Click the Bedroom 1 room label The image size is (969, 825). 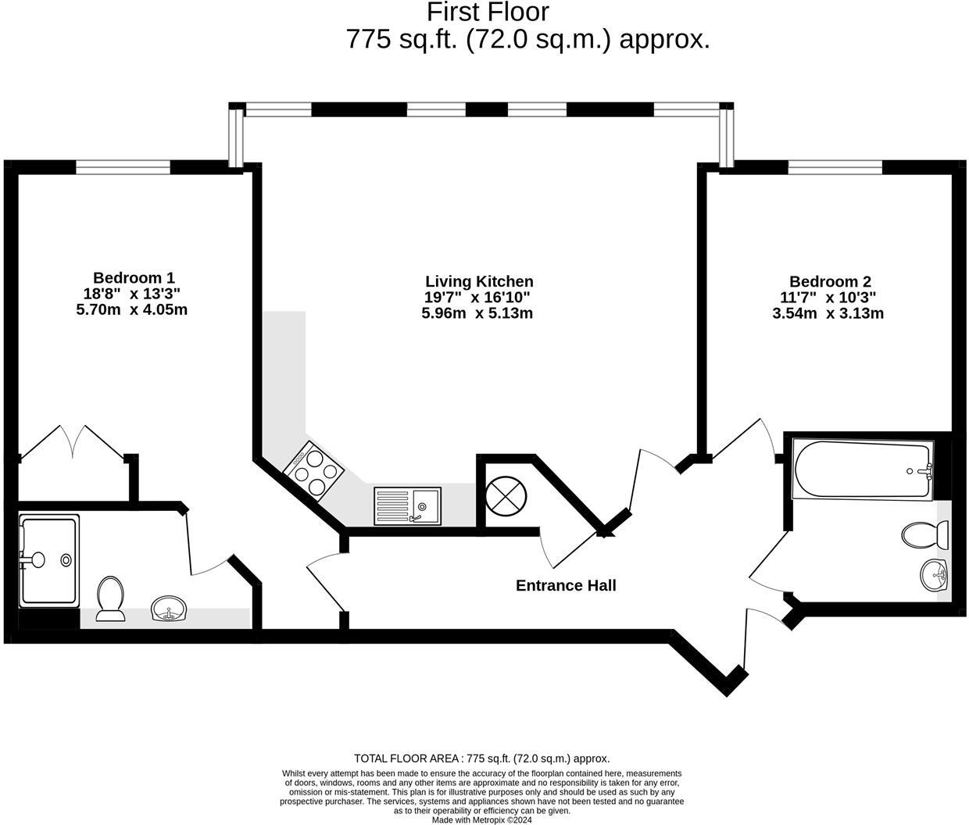134,277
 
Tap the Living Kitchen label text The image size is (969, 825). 479,281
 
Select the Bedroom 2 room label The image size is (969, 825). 830,281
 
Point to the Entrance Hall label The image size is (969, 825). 566,585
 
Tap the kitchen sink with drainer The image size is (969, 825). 407,505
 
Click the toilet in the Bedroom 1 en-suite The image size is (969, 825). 111,598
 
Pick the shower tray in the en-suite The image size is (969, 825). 48,559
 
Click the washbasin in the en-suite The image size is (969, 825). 168,609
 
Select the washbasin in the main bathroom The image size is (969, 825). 934,577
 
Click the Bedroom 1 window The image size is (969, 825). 123,166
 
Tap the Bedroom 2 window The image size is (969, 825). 835,166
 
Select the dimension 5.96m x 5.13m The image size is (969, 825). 477,313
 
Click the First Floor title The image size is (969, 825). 488,12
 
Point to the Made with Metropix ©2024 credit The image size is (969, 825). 482,820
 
